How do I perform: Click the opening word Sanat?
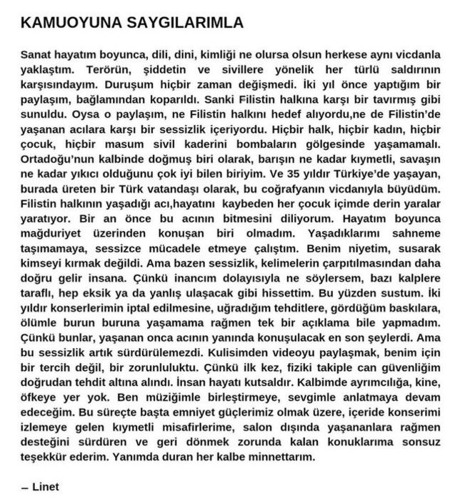35,54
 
